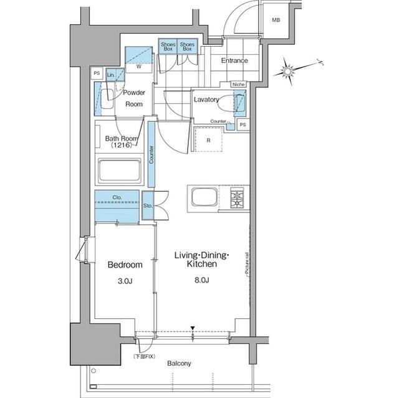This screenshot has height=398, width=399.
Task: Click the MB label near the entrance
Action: point(275,21)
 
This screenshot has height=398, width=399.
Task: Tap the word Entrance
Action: point(234,60)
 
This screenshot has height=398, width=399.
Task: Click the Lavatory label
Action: point(206,99)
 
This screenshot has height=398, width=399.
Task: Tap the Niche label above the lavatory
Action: point(238,84)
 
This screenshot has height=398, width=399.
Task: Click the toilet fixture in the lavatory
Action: point(239,103)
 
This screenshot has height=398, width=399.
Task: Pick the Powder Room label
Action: point(134,98)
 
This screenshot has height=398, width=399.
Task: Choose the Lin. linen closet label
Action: point(111,75)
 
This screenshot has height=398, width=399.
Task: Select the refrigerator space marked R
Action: point(208,140)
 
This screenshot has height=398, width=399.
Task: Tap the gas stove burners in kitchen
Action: point(238,199)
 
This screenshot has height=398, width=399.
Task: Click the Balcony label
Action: point(179,363)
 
